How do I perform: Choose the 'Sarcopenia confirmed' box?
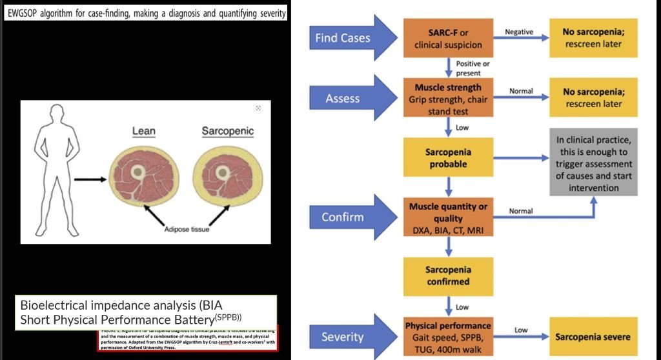447,275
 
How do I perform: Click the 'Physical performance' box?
447,336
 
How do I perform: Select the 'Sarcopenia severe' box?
592,336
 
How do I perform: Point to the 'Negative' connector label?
520,31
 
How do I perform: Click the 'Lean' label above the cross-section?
144,131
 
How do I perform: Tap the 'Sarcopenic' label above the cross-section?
228,131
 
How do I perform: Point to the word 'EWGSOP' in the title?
28,14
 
